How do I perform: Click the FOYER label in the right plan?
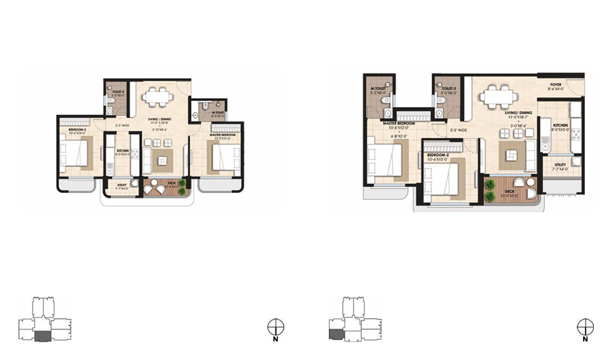coord(555,85)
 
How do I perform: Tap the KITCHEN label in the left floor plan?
coord(123,150)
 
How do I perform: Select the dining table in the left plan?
coord(158,96)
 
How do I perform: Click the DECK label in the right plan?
coord(509,192)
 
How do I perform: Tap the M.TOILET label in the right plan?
coord(377,89)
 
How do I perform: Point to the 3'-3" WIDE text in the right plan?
coord(458,130)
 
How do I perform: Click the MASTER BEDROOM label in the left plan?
coord(222,135)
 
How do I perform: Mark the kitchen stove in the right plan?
coord(574,130)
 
